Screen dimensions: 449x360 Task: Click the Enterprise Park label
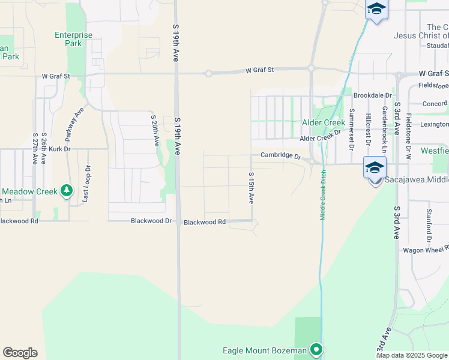tap(73, 39)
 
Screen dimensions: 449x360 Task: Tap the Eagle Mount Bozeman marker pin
tap(316, 350)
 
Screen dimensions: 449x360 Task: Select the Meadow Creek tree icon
tap(67, 191)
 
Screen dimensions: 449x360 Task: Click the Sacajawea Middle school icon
tap(374, 168)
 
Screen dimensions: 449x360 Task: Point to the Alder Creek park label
tap(323, 122)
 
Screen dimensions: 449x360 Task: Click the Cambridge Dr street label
tap(280, 155)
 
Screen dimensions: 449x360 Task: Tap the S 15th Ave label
tap(251, 187)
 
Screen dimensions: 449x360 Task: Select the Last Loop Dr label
tap(88, 183)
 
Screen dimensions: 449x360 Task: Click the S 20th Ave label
tap(154, 131)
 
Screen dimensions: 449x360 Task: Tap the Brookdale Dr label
tap(372, 95)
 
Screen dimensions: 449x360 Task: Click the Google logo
tap(20, 353)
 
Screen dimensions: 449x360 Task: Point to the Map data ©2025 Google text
tap(412, 355)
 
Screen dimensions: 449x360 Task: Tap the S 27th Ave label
tap(35, 149)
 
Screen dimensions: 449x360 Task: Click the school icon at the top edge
tap(376, 10)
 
